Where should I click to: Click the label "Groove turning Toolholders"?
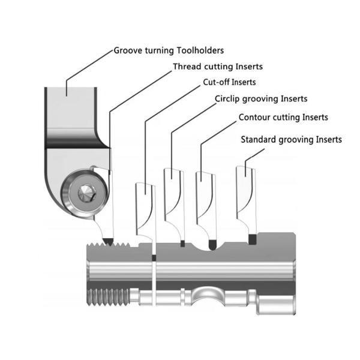(169, 50)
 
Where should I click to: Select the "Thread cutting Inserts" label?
(217, 67)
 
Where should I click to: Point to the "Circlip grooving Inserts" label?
(261, 99)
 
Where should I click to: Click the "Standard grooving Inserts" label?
(291, 139)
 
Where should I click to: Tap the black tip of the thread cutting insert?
(109, 241)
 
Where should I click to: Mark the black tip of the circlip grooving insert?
(182, 244)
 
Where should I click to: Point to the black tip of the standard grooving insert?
(253, 239)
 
